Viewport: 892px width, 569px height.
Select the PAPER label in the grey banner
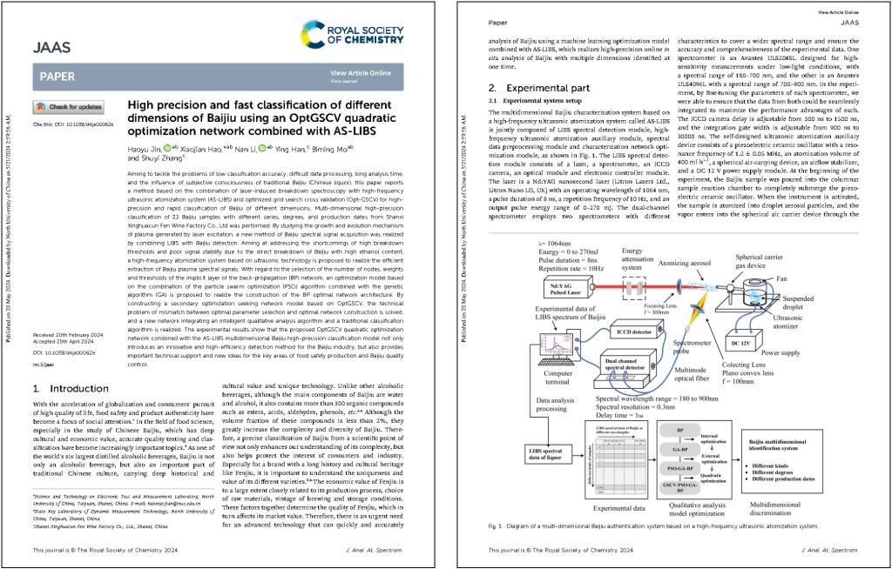point(57,77)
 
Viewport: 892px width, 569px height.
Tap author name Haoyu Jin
point(147,149)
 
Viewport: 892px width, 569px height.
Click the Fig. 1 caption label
point(497,526)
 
